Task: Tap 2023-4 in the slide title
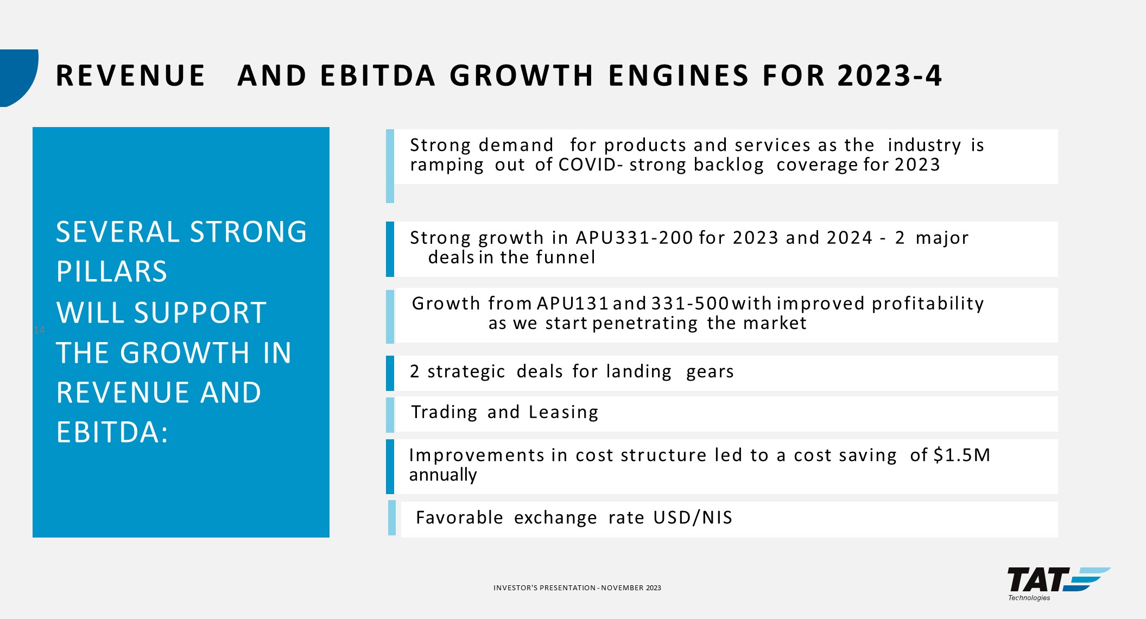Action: click(x=890, y=75)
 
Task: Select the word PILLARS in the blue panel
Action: click(x=112, y=271)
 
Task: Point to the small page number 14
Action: click(x=39, y=330)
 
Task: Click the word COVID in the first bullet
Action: click(x=587, y=165)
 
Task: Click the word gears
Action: click(x=710, y=372)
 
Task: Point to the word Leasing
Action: click(x=563, y=412)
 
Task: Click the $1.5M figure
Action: click(x=962, y=455)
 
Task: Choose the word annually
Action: click(x=443, y=475)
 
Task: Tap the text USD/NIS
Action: click(x=693, y=517)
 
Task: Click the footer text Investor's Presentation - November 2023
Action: click(x=577, y=588)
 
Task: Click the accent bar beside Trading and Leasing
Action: click(x=390, y=415)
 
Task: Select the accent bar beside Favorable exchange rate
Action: click(x=392, y=518)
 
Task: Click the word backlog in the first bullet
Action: click(x=729, y=165)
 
